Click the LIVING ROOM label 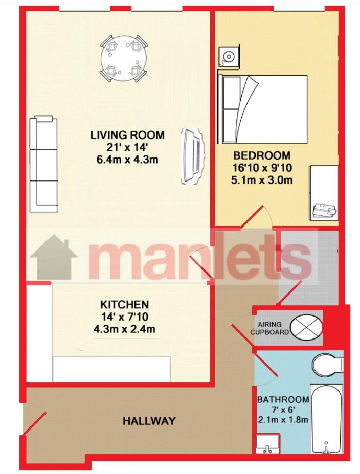(x=127, y=135)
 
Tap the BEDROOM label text (x=262, y=155)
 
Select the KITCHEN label (x=125, y=304)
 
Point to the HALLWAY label (x=149, y=421)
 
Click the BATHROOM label (x=283, y=399)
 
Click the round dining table (x=124, y=59)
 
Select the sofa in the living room (x=43, y=164)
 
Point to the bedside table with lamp (x=229, y=57)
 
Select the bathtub (x=326, y=419)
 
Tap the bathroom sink (x=267, y=443)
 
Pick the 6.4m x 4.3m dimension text (x=127, y=160)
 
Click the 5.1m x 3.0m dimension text (x=262, y=180)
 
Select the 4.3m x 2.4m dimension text (x=125, y=329)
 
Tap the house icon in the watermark (x=54, y=257)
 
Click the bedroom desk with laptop (x=323, y=193)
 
